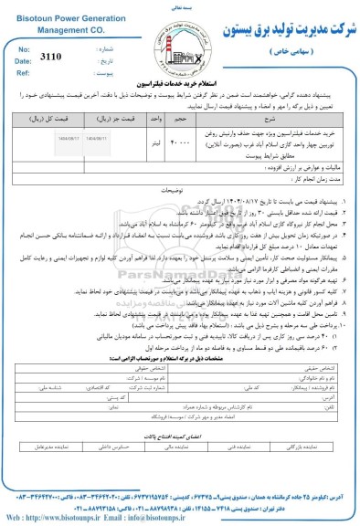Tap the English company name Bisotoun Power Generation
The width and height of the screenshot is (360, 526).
coord(56,16)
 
